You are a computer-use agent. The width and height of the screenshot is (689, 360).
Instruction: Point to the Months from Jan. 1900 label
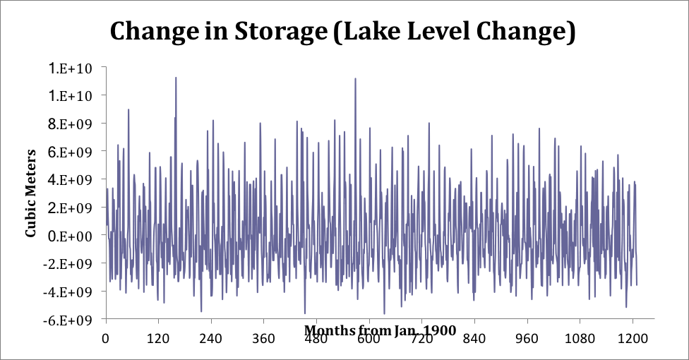click(380, 330)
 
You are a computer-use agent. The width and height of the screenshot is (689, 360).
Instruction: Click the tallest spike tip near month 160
click(176, 78)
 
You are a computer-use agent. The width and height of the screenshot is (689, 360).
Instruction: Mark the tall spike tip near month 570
click(355, 78)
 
